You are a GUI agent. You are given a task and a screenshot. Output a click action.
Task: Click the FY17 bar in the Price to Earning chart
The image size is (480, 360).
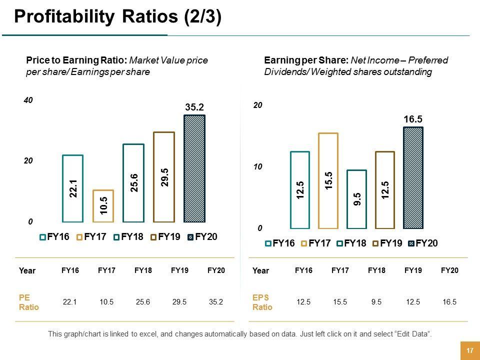pos(103,205)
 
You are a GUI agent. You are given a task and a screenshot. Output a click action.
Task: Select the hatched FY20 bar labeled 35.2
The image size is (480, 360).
pos(194,168)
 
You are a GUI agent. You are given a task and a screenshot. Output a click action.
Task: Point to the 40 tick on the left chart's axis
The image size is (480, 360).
pos(28,100)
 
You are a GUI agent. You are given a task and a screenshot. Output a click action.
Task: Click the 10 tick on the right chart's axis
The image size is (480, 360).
pos(257,166)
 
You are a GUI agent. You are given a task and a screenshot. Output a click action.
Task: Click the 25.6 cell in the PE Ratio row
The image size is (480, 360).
pos(143,301)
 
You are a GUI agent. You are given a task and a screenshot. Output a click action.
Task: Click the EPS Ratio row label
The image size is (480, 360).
pos(262,302)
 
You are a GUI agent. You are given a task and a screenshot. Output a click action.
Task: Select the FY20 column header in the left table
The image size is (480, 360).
pos(216,270)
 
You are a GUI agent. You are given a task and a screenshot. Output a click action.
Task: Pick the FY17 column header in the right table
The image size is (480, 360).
pos(340,270)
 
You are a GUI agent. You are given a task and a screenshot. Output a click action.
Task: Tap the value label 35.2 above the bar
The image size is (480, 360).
pos(195,107)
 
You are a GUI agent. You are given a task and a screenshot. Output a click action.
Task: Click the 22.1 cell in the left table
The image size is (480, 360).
pos(69,301)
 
